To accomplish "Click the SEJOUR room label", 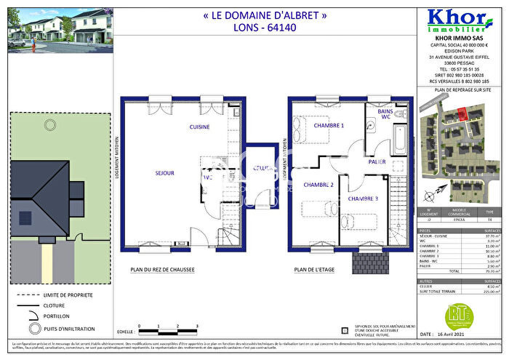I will pyautogui.click(x=165, y=173).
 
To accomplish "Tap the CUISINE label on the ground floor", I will pyautogui.click(x=200, y=127).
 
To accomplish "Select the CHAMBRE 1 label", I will pyautogui.click(x=328, y=126).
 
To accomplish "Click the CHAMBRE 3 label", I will pyautogui.click(x=362, y=199).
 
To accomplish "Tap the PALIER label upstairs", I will pyautogui.click(x=377, y=162).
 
